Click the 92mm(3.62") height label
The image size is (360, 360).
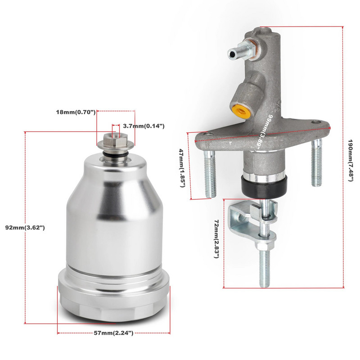click(25, 228)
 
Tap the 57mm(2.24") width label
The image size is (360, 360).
click(113, 333)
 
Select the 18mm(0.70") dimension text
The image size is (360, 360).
click(76, 112)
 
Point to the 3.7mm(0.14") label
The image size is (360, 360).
click(144, 126)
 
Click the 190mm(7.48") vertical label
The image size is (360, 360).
click(351, 160)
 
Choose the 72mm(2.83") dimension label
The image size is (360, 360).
click(216, 239)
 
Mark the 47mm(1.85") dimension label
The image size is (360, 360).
click(182, 168)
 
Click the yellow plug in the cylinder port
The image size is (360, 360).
click(239, 111)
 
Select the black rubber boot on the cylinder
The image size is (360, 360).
click(264, 186)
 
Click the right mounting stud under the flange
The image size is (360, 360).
click(317, 163)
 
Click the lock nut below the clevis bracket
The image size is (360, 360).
click(265, 246)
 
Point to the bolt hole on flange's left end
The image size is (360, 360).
click(208, 134)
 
